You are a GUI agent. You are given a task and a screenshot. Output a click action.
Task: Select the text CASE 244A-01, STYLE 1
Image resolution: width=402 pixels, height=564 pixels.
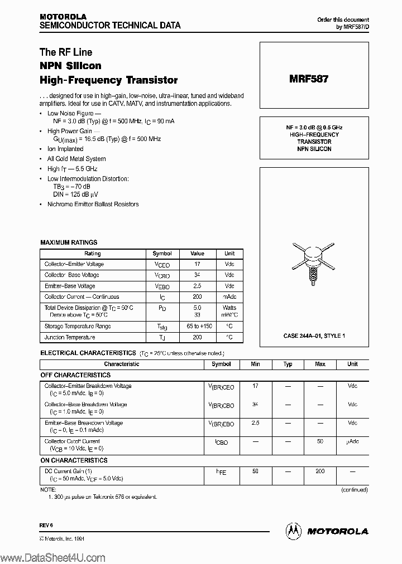[x=314, y=336]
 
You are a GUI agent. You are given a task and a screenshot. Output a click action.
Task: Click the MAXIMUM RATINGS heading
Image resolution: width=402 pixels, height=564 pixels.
[x=69, y=242]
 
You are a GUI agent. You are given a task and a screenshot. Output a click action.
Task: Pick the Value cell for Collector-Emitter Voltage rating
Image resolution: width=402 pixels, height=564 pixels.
[x=197, y=264]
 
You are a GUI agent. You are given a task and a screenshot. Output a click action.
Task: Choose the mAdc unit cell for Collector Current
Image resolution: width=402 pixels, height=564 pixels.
[x=229, y=297]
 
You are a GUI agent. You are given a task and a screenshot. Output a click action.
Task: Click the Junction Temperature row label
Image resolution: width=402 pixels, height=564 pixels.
[x=70, y=337]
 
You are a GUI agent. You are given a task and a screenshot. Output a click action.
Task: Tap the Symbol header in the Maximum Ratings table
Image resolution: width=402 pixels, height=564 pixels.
[x=162, y=254]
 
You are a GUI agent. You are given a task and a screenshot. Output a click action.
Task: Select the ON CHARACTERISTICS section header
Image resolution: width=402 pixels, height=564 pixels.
[x=74, y=460]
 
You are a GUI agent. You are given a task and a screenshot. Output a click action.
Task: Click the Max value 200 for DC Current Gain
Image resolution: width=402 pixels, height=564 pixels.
[x=320, y=471]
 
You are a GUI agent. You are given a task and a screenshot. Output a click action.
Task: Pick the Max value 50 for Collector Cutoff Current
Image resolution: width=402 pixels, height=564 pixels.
[x=320, y=441]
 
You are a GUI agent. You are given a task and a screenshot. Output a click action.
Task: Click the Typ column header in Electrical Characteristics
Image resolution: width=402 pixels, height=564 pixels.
[x=288, y=364]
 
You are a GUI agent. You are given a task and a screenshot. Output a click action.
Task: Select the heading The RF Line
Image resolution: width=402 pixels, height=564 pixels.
[x=66, y=52]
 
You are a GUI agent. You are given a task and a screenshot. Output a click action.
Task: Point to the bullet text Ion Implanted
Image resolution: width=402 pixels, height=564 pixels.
[x=65, y=149]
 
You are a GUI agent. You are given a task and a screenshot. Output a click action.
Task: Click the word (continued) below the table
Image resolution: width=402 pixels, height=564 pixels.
[x=354, y=490]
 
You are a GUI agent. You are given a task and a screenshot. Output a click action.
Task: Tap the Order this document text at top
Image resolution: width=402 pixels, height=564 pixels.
[x=343, y=20]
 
